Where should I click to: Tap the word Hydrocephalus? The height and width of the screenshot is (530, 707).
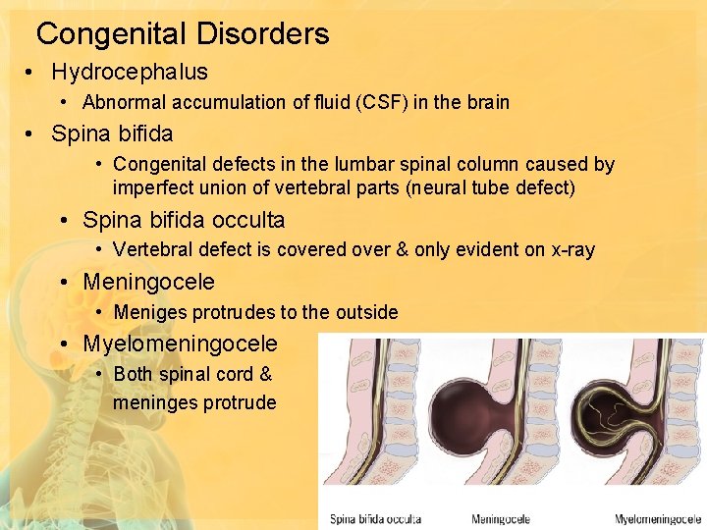pyautogui.click(x=130, y=72)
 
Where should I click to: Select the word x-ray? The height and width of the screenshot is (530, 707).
pyautogui.click(x=571, y=249)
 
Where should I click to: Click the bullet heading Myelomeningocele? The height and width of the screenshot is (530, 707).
pyautogui.click(x=180, y=344)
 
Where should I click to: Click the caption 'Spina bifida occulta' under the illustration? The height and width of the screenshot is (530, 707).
pyautogui.click(x=376, y=518)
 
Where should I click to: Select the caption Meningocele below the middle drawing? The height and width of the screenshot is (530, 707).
pyautogui.click(x=502, y=518)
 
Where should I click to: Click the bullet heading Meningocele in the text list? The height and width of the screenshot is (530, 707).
pyautogui.click(x=148, y=283)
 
